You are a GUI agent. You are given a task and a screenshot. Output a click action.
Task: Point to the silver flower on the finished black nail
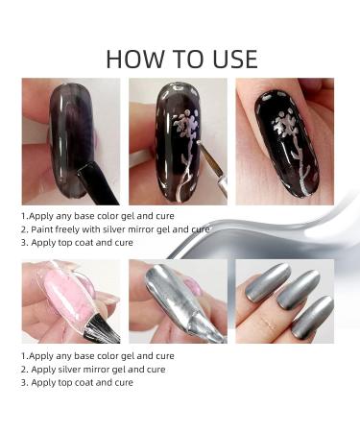(284, 134)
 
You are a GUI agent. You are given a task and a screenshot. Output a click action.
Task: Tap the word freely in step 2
(70, 230)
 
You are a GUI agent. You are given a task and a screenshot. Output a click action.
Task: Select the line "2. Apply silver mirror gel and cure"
(92, 369)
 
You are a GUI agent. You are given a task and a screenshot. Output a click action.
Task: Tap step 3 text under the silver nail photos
(77, 382)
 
